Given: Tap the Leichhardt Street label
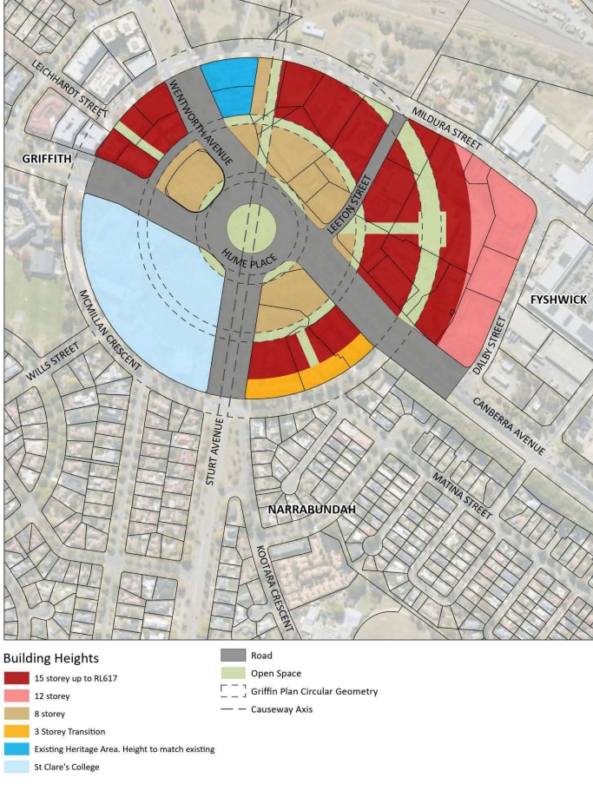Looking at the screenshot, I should click(x=70, y=89).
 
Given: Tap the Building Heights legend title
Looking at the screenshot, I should click(x=51, y=658).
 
